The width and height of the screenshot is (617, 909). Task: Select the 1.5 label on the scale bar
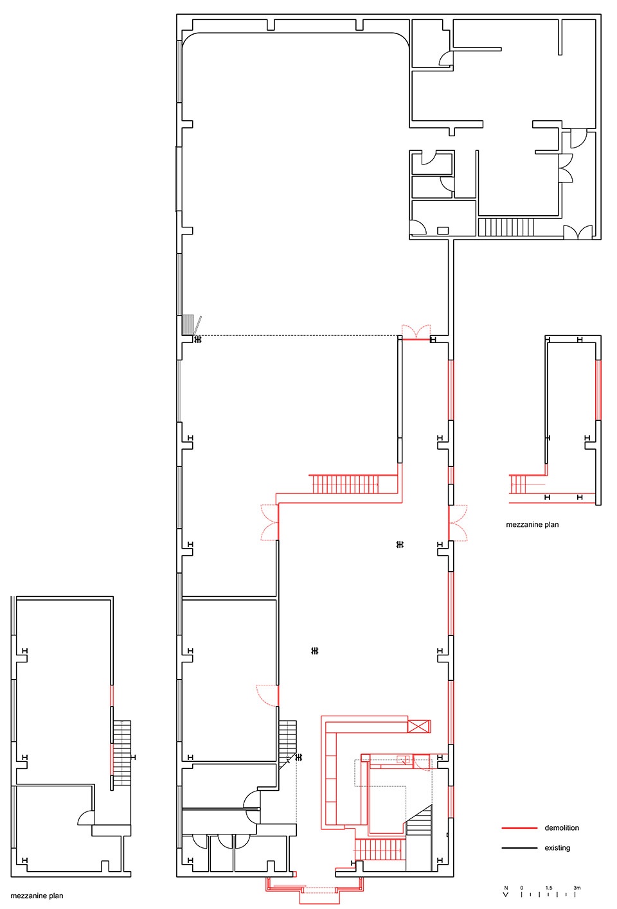coord(549,888)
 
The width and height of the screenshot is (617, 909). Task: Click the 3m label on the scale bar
coord(577,888)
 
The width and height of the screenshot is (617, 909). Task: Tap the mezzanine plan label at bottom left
coord(37,896)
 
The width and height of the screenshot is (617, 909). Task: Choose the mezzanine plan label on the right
coord(532,525)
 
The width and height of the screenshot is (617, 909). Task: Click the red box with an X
coord(418,726)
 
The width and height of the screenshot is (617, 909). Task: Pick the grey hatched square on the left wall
coord(188,325)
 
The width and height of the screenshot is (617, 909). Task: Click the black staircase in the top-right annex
coord(506,227)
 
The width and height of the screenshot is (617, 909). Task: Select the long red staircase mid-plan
coord(345,484)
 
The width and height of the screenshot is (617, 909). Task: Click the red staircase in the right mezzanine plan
coord(517,484)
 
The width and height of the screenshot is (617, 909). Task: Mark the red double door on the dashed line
coord(416,332)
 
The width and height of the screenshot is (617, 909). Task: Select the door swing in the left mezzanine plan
coord(86,818)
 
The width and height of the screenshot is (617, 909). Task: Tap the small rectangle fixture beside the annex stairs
coord(443,231)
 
